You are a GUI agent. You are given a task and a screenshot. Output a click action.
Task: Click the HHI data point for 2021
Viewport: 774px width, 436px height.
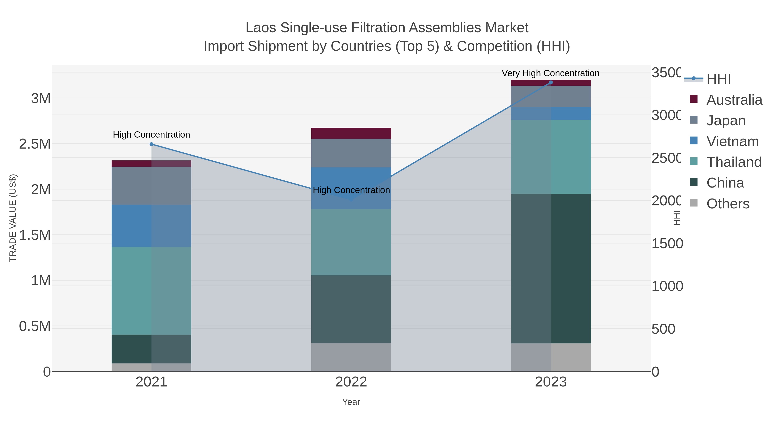[x=151, y=144]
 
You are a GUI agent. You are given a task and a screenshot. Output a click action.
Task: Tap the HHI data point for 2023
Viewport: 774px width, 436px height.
[x=551, y=82]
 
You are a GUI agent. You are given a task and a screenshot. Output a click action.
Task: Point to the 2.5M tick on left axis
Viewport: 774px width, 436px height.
[x=35, y=144]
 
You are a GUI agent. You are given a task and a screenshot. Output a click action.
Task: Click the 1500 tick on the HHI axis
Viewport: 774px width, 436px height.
[x=667, y=244]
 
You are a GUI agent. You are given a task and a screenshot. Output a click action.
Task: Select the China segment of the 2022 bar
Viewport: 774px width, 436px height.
[x=351, y=309]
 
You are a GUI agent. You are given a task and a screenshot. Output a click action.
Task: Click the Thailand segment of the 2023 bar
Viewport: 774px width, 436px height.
[x=551, y=157]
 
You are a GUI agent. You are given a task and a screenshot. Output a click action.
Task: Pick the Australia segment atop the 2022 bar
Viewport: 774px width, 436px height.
[x=351, y=133]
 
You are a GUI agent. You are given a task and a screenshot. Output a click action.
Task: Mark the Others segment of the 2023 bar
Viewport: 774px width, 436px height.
[x=551, y=357]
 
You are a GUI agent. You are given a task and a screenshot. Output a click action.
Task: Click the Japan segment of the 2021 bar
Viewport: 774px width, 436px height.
[x=151, y=186]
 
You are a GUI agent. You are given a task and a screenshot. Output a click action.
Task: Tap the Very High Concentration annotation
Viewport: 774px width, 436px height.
[x=550, y=73]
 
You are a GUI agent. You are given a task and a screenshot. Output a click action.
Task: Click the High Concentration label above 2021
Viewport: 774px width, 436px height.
[x=151, y=135]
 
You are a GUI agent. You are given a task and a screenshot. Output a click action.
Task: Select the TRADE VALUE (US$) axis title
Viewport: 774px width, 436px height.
[x=13, y=218]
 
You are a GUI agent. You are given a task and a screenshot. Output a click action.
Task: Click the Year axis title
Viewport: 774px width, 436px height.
[x=351, y=402]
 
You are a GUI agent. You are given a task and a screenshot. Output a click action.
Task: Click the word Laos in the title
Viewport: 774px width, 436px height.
[x=261, y=28]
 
